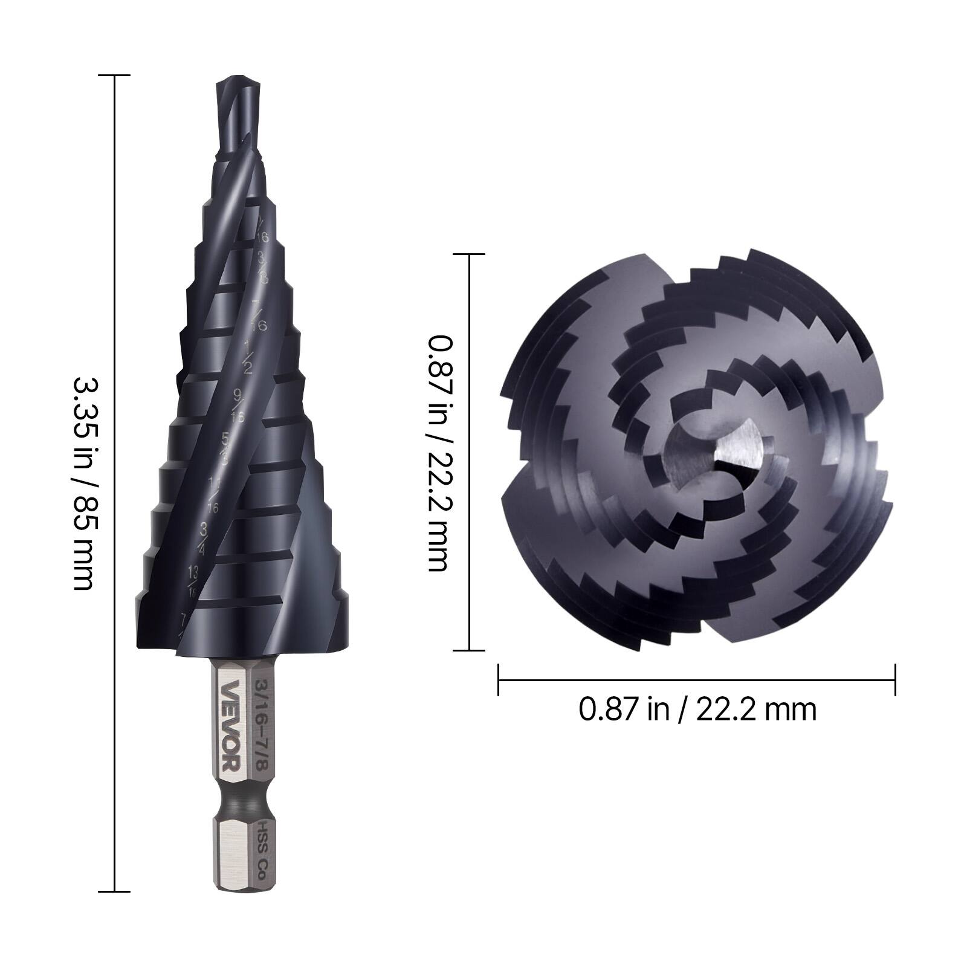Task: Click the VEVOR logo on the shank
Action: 231,725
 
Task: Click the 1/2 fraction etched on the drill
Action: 248,356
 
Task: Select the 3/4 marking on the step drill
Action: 204,538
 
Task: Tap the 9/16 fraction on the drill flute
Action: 238,406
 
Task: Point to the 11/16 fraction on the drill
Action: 213,494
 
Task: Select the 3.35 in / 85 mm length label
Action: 84,483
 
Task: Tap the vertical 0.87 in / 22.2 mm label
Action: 438,453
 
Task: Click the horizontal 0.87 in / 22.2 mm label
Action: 697,709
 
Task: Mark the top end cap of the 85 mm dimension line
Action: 114,76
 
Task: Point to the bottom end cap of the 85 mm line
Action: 114,891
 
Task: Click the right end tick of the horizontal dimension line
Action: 894,680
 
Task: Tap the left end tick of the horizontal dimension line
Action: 499,680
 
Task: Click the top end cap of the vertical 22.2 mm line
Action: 469,254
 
